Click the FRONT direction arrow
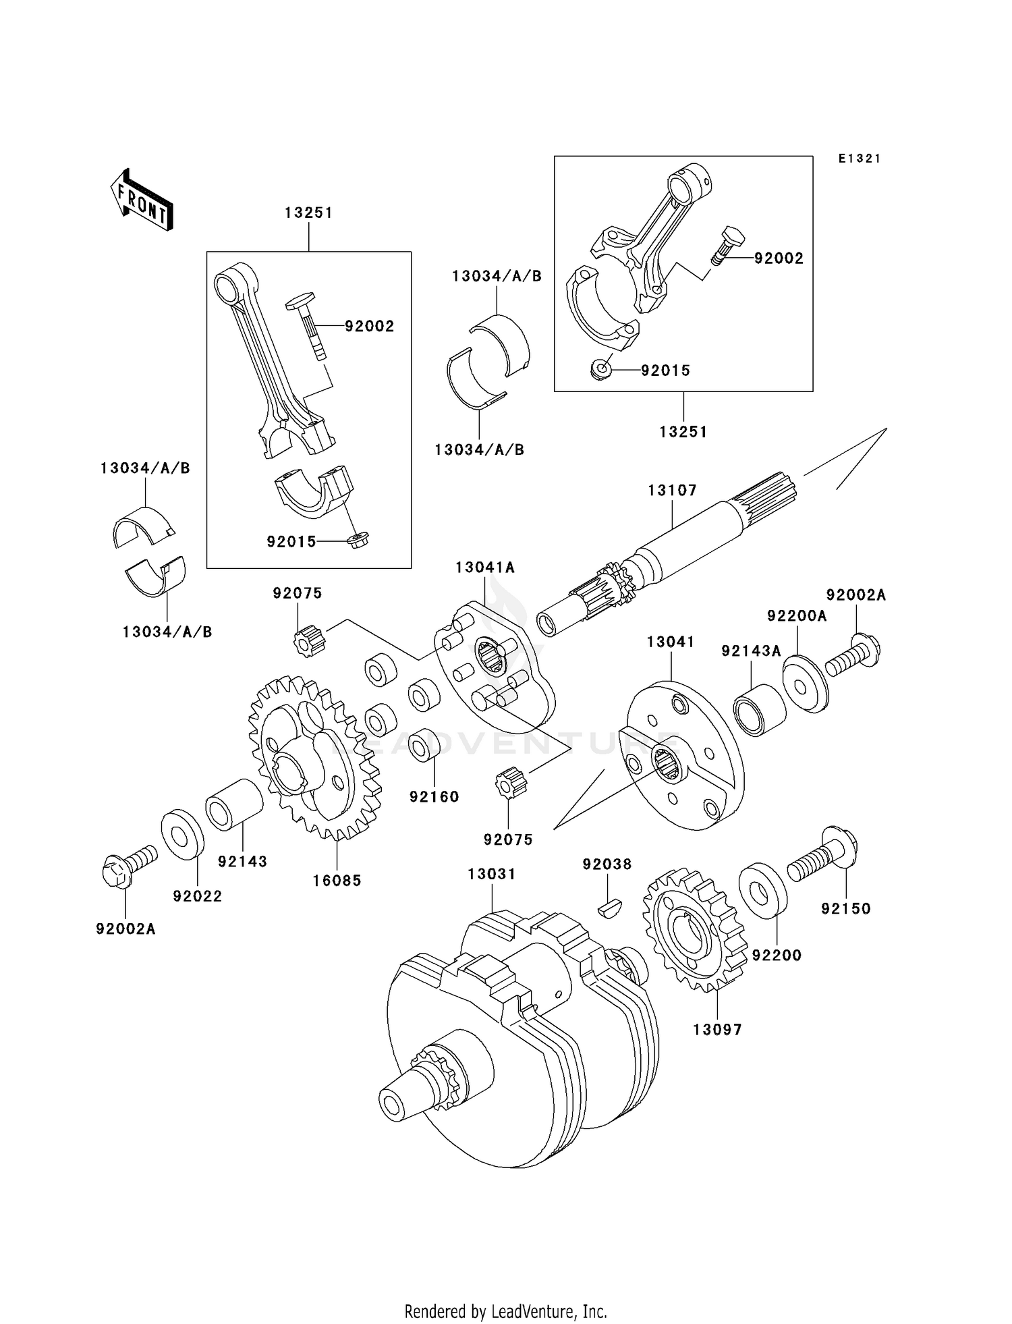click(x=142, y=200)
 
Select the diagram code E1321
click(x=860, y=159)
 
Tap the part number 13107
click(x=672, y=491)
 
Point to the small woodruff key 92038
click(x=611, y=907)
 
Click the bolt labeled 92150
click(x=822, y=855)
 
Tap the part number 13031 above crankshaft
click(x=492, y=874)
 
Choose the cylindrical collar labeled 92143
click(x=234, y=804)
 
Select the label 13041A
click(x=484, y=568)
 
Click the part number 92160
click(x=434, y=797)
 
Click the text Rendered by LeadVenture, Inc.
click(x=505, y=1311)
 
